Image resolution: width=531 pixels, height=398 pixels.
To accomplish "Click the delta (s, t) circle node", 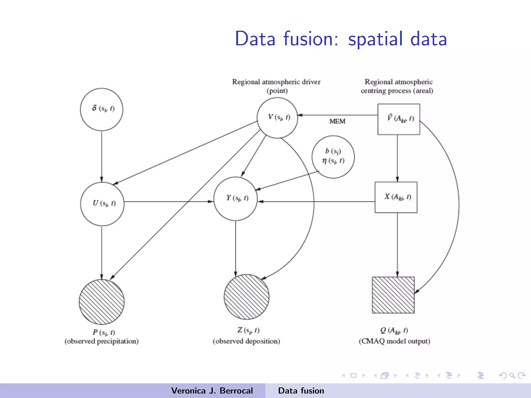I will [102, 109].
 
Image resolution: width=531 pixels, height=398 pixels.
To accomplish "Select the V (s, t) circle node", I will [277, 118].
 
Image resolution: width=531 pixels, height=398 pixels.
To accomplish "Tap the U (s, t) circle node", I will [102, 204].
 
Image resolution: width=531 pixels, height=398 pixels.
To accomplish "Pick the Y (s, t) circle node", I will [235, 199].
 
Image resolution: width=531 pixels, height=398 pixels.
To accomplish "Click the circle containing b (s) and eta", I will [333, 157].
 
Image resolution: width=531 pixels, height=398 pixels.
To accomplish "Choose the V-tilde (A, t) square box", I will [399, 119].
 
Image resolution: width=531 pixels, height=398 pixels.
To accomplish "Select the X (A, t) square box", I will [396, 197].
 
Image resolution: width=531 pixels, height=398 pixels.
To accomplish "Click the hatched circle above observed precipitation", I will [102, 302].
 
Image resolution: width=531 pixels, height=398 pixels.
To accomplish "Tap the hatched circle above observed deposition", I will [246, 297].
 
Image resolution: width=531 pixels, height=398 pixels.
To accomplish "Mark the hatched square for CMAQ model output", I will [393, 295].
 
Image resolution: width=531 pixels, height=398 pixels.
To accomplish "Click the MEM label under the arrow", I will [337, 121].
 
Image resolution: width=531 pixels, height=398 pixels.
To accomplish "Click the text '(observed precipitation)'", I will [102, 341].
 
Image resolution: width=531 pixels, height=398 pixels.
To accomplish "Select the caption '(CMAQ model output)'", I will [394, 341].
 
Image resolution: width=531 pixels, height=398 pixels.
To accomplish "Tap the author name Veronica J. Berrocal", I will [212, 391].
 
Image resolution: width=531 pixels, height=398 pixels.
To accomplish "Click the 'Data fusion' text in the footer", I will [301, 391].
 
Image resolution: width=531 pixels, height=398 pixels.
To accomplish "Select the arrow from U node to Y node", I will [169, 202].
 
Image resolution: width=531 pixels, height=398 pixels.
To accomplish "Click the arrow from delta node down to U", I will [102, 155].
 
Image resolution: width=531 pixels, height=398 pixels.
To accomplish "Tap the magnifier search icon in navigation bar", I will [512, 375].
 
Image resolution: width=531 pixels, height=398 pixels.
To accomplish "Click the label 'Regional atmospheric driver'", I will [276, 82].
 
